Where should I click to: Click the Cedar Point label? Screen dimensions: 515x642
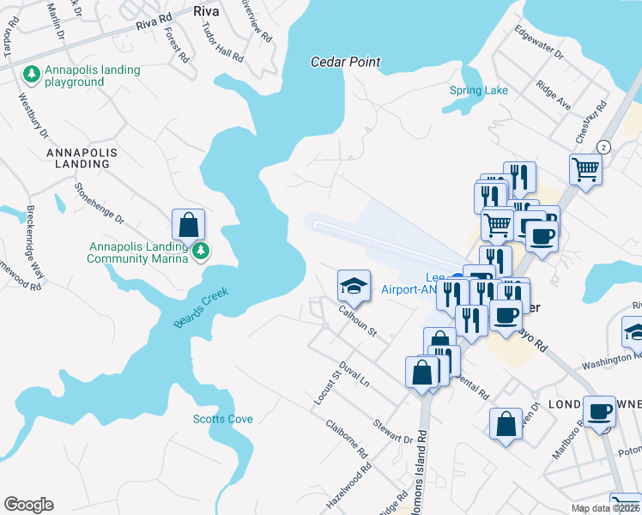click(345, 62)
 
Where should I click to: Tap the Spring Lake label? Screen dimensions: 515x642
click(479, 90)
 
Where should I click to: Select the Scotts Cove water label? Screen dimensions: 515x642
click(222, 419)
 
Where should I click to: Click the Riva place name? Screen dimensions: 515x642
click(207, 11)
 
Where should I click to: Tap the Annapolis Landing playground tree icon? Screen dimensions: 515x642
click(32, 74)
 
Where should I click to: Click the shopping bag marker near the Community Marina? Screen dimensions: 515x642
click(188, 225)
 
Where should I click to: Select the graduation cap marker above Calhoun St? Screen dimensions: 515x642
click(353, 285)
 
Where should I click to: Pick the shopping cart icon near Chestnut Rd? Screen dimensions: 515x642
click(585, 169)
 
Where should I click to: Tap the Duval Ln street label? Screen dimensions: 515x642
click(354, 372)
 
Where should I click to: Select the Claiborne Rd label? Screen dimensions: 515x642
click(347, 438)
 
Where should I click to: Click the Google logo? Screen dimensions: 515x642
click(28, 505)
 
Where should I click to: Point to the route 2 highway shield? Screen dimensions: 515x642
click(603, 147)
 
